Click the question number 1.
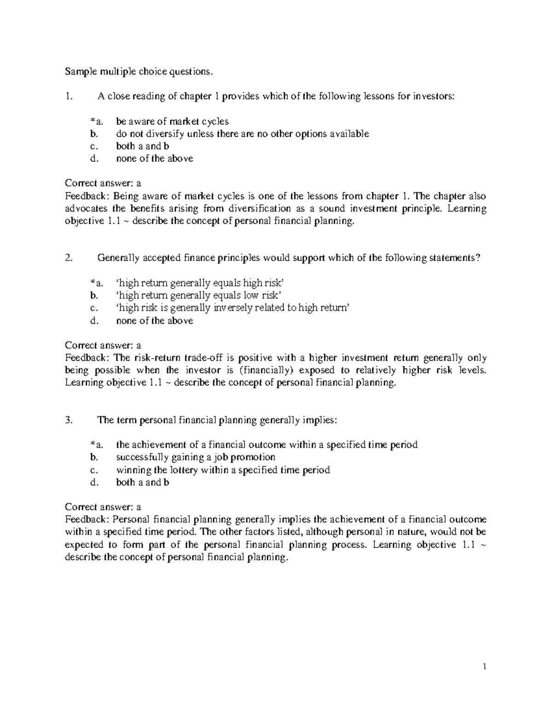coord(69,97)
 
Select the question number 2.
coord(69,258)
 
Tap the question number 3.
coord(69,420)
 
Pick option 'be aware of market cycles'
coord(172,121)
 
